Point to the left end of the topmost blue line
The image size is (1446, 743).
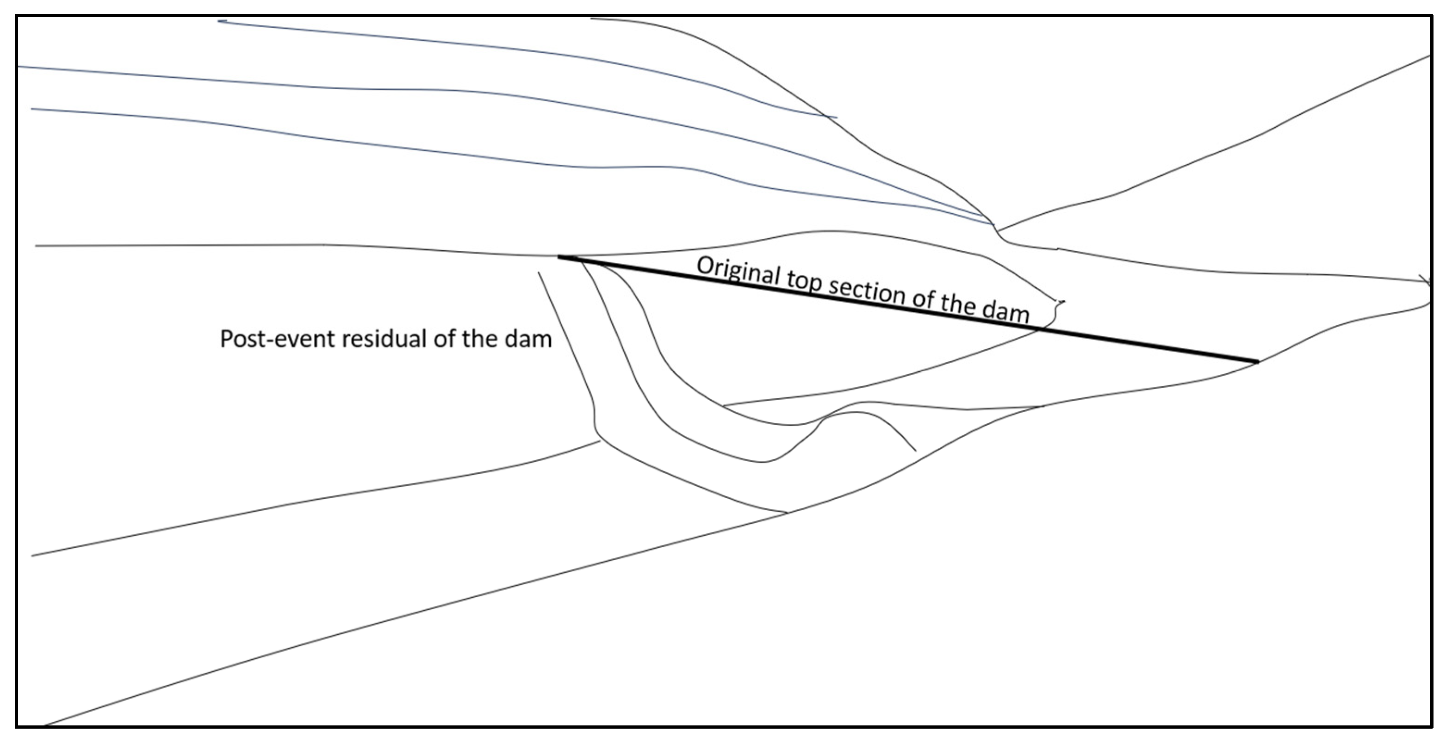(219, 21)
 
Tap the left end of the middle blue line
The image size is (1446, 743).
(19, 67)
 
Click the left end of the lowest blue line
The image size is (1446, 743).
(32, 109)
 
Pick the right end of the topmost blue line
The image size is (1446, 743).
(837, 118)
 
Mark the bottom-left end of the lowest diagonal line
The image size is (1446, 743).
(45, 725)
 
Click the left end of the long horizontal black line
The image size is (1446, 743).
(36, 246)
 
